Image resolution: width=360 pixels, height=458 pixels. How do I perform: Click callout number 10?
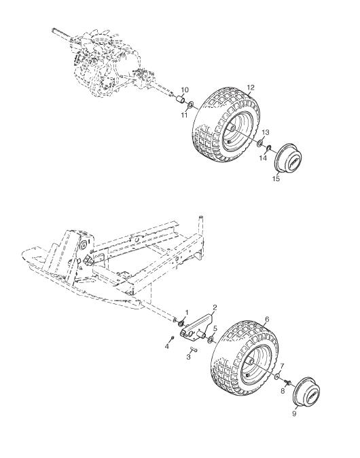(x=185, y=90)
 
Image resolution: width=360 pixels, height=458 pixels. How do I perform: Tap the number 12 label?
(x=251, y=88)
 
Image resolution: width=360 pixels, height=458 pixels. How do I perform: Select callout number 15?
(x=276, y=178)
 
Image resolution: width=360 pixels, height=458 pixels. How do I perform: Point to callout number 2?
(x=215, y=307)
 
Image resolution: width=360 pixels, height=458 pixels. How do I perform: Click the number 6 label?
(x=267, y=320)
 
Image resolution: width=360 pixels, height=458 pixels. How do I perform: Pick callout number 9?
(x=294, y=414)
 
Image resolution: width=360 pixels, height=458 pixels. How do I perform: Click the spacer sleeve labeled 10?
(x=180, y=100)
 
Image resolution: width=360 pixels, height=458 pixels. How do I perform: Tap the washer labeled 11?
(x=190, y=104)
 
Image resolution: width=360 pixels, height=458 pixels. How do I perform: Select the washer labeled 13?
(x=259, y=143)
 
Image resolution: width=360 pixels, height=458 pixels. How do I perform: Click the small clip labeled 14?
(x=268, y=149)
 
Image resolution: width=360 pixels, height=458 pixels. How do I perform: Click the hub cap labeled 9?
(x=306, y=392)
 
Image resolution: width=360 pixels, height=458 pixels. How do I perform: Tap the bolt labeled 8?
(x=287, y=383)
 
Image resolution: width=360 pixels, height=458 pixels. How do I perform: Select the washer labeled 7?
(x=277, y=376)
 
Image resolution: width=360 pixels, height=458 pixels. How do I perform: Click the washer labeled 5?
(x=211, y=340)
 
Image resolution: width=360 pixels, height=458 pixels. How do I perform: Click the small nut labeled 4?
(x=173, y=338)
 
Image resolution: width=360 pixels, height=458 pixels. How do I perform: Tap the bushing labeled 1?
(x=181, y=323)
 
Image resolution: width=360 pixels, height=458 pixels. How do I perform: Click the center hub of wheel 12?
(x=232, y=128)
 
